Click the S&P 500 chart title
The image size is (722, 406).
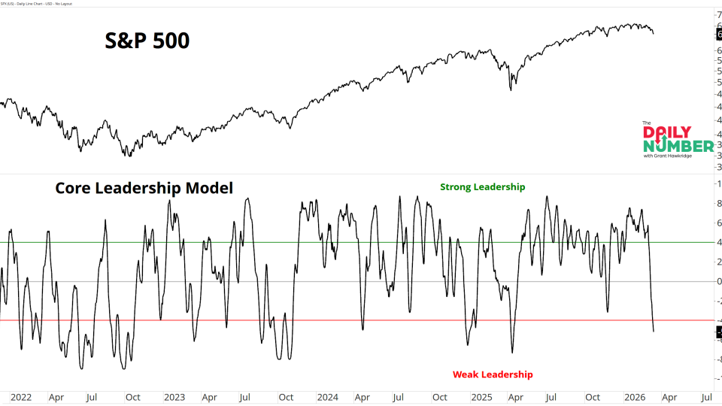(147, 40)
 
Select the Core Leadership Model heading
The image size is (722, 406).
(144, 188)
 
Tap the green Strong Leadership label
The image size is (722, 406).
(482, 187)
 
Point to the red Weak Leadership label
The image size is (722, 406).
(492, 374)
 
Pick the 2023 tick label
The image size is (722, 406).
(174, 397)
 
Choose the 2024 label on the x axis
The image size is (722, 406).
(327, 397)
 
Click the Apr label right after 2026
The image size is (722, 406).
(669, 397)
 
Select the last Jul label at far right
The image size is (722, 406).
(707, 397)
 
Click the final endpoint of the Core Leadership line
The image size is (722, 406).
(654, 331)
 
